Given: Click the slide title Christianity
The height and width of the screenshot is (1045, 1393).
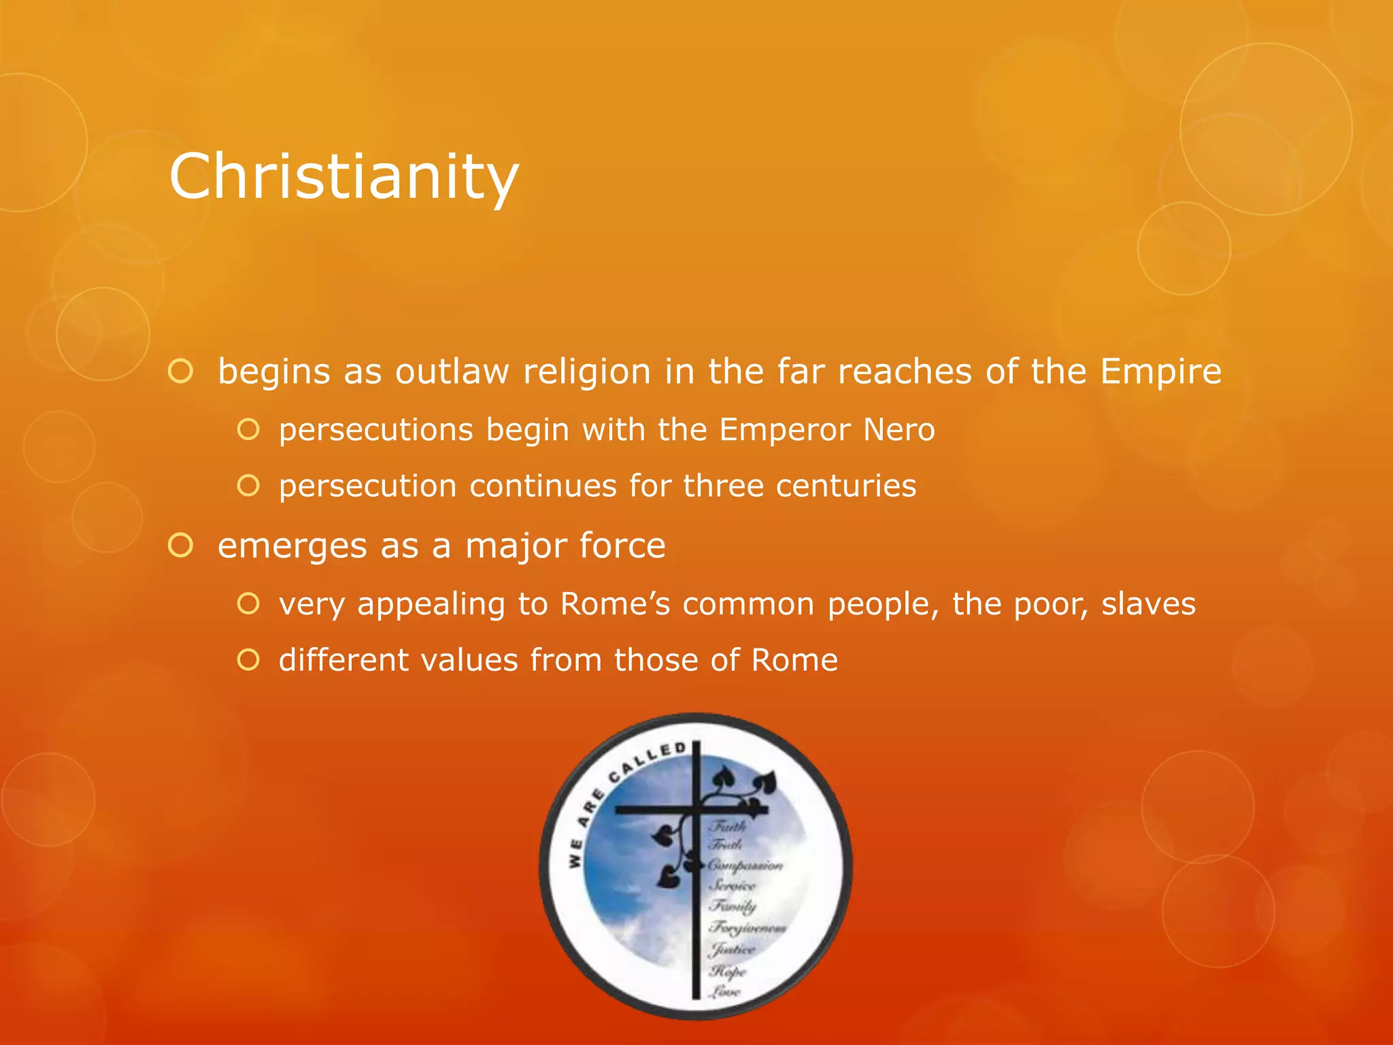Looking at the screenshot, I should click(x=343, y=176).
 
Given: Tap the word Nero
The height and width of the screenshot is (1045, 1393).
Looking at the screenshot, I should click(x=899, y=430).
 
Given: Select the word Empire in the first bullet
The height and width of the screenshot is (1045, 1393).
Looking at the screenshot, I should click(x=1160, y=371).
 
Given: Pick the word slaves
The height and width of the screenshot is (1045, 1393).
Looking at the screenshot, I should click(x=1148, y=603).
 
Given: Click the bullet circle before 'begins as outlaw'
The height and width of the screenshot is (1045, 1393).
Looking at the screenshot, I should click(x=181, y=371).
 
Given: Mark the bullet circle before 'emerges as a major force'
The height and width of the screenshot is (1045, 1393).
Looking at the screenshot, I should click(x=181, y=546).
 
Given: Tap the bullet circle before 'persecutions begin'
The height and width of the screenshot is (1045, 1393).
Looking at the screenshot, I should click(x=248, y=430).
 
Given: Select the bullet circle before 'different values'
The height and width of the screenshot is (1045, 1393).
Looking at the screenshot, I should click(x=248, y=660).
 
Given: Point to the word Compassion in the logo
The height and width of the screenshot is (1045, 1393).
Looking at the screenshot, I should click(x=745, y=865).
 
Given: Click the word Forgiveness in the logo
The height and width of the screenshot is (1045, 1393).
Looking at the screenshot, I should click(x=748, y=927).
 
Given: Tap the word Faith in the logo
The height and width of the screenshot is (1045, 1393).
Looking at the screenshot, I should click(x=728, y=826).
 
